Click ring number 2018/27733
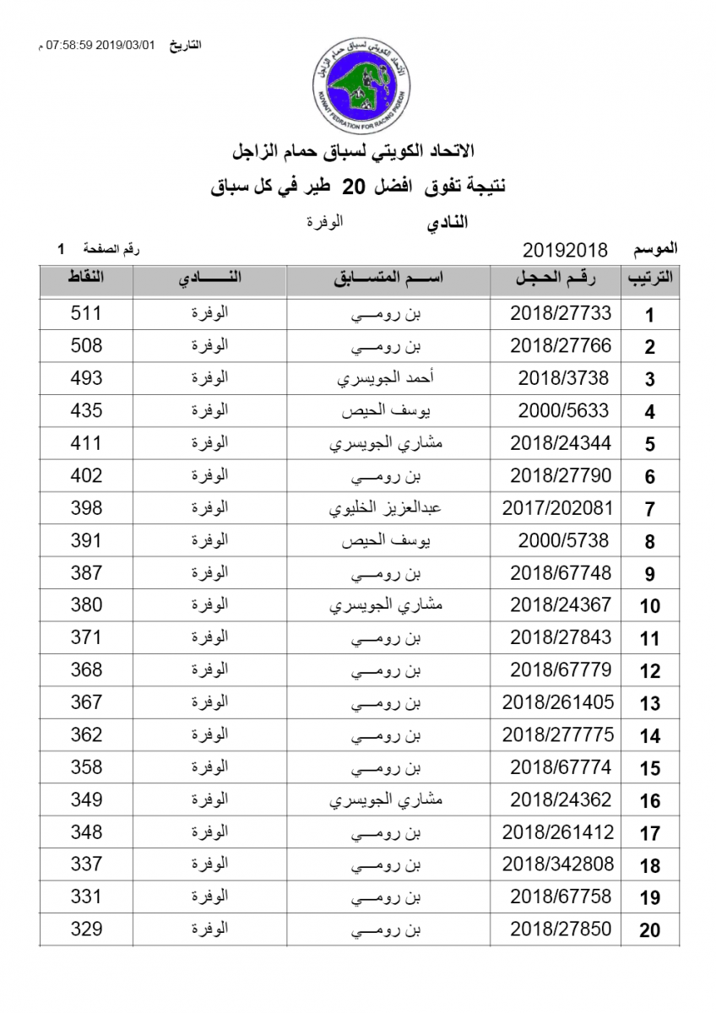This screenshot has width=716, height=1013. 560,313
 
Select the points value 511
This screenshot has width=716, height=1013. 86,313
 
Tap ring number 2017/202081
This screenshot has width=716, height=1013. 557,508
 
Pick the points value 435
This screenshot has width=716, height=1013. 86,411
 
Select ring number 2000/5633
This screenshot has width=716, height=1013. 560,411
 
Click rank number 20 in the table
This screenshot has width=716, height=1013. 649,931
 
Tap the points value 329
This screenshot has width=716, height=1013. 86,929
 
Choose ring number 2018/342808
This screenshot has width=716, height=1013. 557,864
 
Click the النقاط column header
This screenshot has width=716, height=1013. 86,279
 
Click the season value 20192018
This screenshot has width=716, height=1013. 566,250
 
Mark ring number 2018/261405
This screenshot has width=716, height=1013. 557,702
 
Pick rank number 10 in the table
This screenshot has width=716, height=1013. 649,606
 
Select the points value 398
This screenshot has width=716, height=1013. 86,508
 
